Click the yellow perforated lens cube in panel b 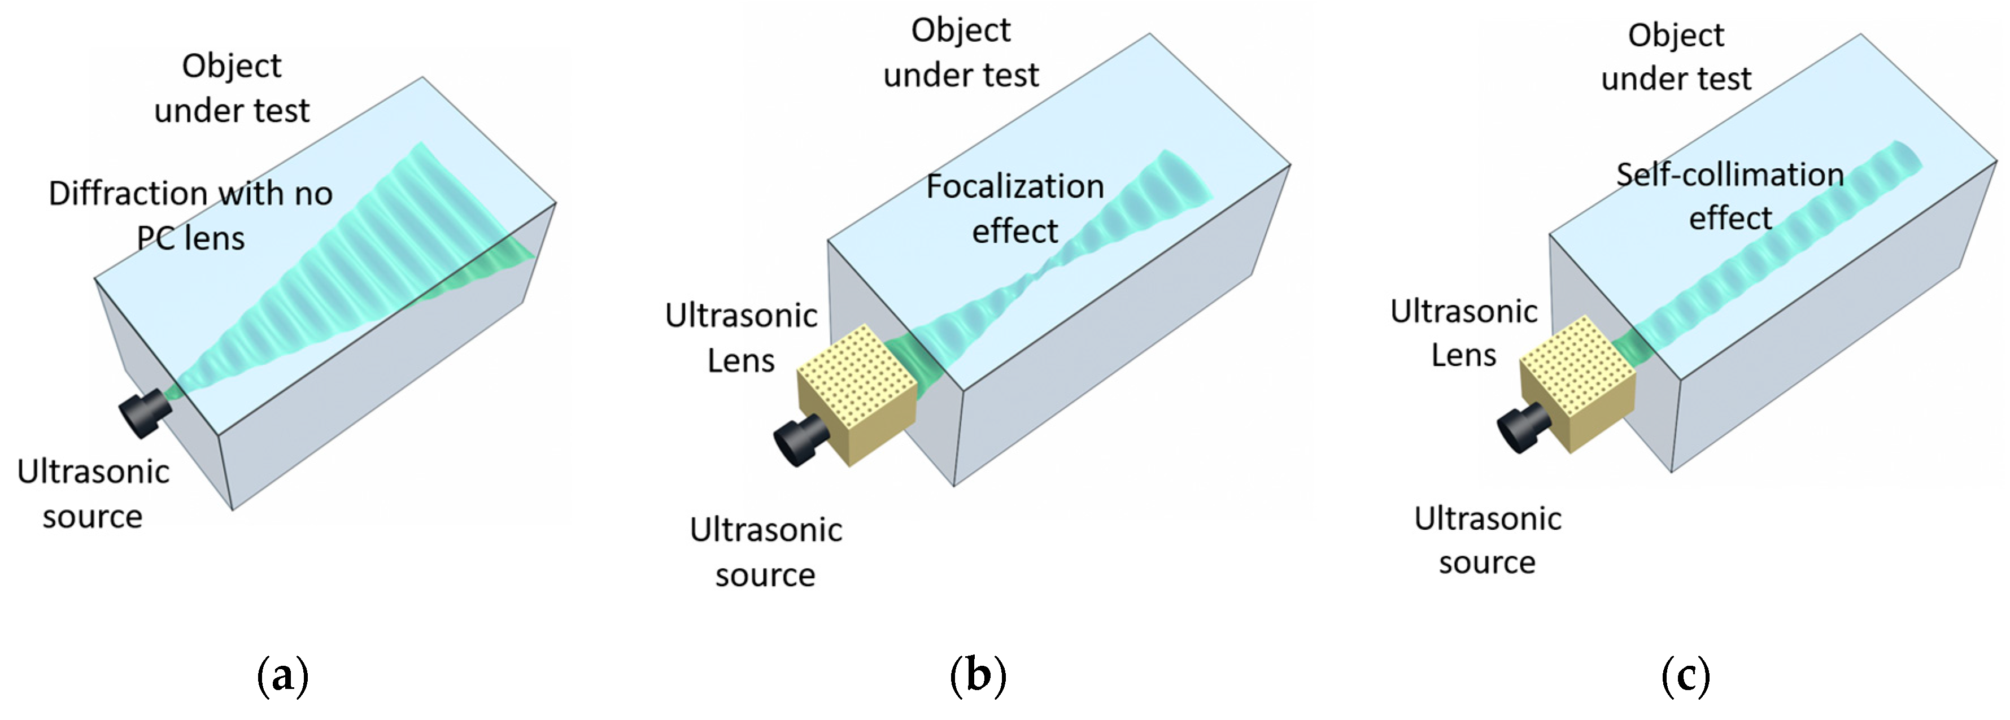857,394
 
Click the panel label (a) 282,675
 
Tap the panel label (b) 978,675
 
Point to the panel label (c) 1685,675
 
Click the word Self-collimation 1729,174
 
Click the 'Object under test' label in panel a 232,88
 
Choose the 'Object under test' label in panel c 1676,57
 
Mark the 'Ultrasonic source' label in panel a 93,494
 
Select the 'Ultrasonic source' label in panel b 765,552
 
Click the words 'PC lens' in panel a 190,238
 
